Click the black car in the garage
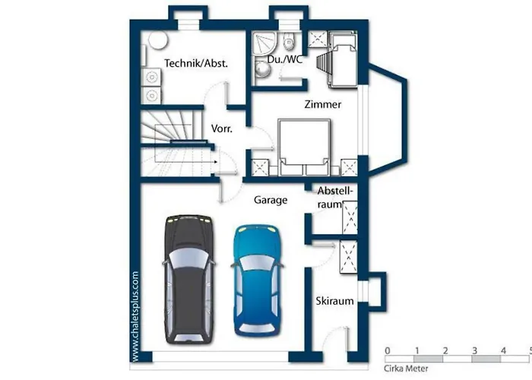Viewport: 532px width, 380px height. coord(190,279)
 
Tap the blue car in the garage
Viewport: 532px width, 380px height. coord(258,280)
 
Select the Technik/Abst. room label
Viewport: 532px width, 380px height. coord(196,63)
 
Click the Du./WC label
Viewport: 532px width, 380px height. coord(284,59)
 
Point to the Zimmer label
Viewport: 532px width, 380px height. coord(323,104)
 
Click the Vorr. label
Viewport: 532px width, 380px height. coord(222,128)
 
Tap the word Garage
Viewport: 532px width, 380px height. coord(271,200)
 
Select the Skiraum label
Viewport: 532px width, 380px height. coord(334,301)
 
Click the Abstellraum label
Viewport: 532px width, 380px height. coord(334,198)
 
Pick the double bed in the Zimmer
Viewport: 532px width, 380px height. coord(304,147)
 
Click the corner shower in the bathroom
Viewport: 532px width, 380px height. coord(264,43)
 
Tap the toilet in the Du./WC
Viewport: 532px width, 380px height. coord(289,41)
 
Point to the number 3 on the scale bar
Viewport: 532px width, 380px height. coord(475,350)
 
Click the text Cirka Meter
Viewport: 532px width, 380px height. coord(406,369)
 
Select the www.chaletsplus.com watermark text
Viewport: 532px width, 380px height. coord(135,316)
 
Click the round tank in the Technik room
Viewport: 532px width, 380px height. coord(158,40)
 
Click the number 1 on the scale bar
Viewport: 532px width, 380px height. coord(417,350)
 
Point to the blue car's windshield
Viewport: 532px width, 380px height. coord(258,263)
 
